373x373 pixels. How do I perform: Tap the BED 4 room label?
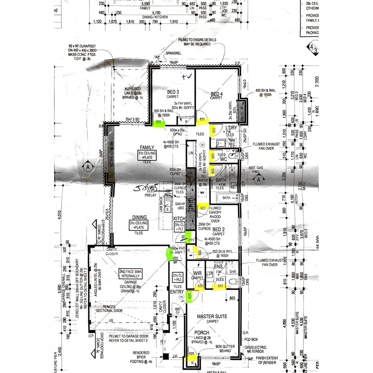[x=216, y=94]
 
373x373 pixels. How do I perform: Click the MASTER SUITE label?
[x=212, y=316]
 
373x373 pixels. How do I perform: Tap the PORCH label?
[x=202, y=333]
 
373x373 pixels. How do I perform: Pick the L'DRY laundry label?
[x=232, y=128]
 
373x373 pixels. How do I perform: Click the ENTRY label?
[x=176, y=292]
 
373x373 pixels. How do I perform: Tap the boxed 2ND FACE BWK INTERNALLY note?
[x=130, y=273]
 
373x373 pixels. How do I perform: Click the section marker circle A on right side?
[x=259, y=180]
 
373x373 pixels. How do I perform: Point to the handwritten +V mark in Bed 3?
[x=186, y=76]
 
